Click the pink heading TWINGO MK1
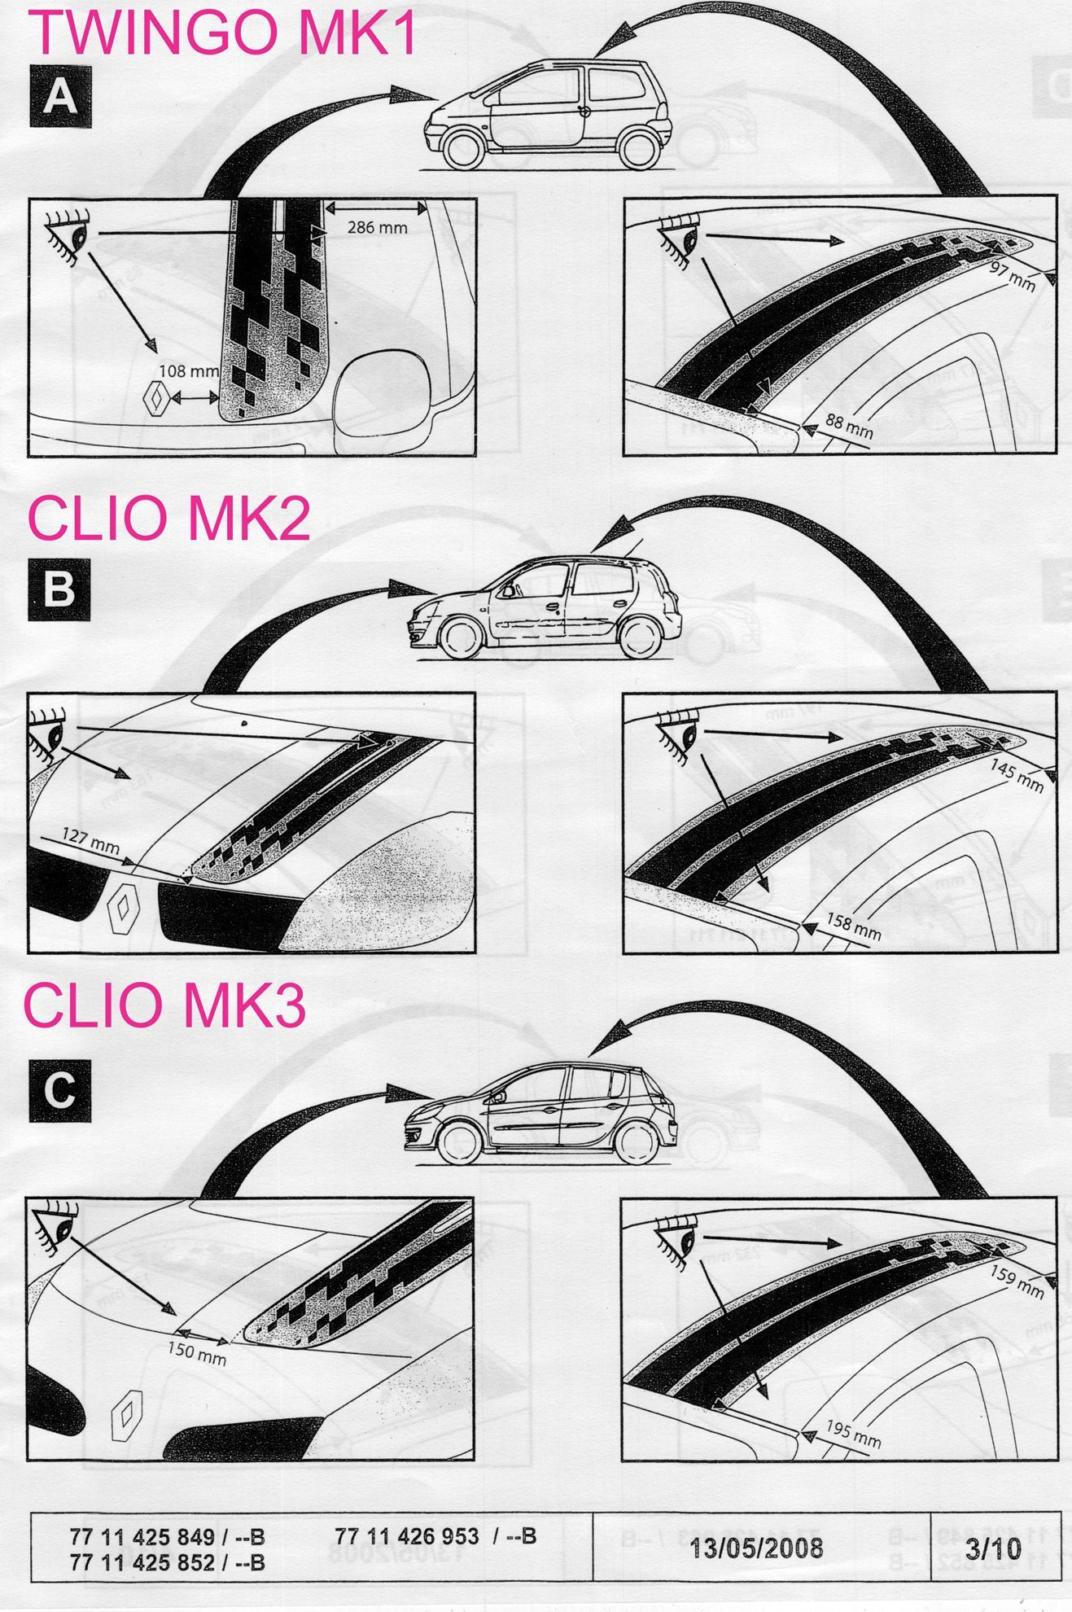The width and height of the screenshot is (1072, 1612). (x=224, y=33)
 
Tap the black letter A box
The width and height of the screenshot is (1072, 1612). (x=60, y=98)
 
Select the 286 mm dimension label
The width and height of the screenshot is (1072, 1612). (x=377, y=227)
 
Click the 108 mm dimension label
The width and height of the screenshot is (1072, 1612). (x=188, y=371)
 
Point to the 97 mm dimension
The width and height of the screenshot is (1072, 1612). (x=1013, y=277)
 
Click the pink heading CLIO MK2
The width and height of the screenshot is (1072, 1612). (x=169, y=519)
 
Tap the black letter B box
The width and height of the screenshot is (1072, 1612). (x=59, y=589)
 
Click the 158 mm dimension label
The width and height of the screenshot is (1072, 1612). (x=854, y=925)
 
